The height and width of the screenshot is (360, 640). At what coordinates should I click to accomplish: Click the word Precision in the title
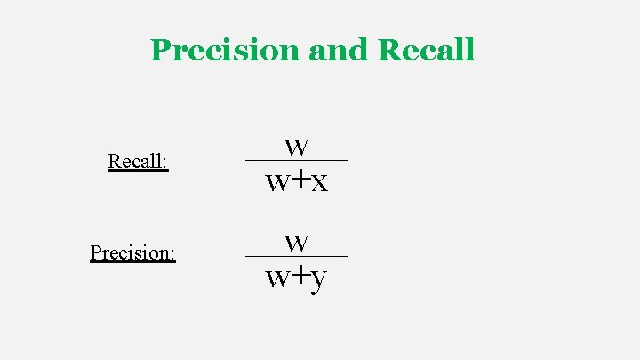pos(226,50)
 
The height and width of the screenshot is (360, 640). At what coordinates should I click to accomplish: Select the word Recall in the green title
pos(426,50)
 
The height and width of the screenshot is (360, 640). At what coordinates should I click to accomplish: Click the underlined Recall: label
pos(138,162)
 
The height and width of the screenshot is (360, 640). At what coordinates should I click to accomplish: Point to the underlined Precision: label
pos(132,252)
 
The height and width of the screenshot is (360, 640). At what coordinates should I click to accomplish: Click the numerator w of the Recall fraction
pos(297,145)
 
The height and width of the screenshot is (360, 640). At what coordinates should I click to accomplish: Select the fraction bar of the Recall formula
pos(296,160)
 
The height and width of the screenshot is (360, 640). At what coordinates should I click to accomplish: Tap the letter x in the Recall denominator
pos(319,182)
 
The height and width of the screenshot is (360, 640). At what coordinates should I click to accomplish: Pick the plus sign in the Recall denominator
pos(299,180)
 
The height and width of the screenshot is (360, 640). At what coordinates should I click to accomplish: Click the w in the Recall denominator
pos(277,183)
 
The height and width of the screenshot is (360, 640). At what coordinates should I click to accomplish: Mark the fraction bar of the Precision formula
pos(296,256)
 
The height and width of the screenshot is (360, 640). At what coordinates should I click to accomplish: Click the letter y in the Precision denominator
pos(319,280)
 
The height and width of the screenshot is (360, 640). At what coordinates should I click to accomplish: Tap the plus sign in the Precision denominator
pos(299,276)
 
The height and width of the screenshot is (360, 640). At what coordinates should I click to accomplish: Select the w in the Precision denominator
pos(277,279)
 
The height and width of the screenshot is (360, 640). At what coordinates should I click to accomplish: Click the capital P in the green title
pos(161,50)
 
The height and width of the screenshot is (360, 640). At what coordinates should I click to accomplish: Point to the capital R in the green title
pos(388,50)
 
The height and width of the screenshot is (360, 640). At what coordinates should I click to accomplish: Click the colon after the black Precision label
pos(172,255)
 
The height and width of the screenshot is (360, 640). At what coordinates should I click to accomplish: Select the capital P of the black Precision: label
pos(96,252)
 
